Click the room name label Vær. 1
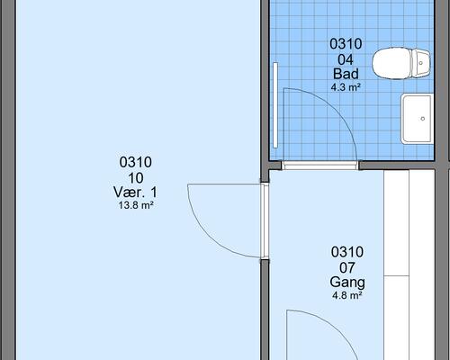(x=135, y=192)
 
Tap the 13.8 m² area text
(x=136, y=205)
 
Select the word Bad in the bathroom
(x=346, y=74)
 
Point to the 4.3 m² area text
(x=346, y=87)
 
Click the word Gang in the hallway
(x=347, y=283)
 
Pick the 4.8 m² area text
(x=347, y=295)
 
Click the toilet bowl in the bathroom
(x=391, y=63)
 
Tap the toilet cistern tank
(x=421, y=63)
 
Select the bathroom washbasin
(x=418, y=119)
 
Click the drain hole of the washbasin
(x=423, y=119)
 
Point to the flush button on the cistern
(x=421, y=63)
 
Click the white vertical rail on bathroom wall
(x=275, y=105)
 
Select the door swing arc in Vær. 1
(x=209, y=237)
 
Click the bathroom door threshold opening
(x=320, y=166)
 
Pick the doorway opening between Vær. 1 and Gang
(x=265, y=221)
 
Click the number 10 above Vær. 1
(x=136, y=178)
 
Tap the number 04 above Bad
(x=346, y=60)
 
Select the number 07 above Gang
(x=347, y=268)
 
